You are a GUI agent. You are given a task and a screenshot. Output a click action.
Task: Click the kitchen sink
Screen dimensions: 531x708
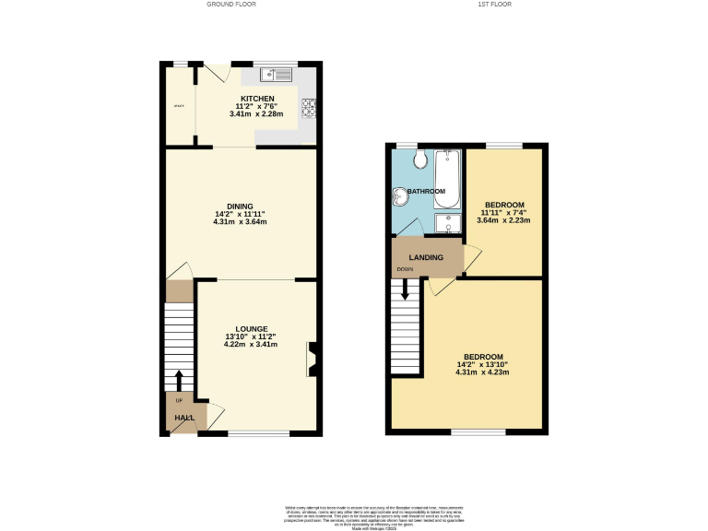tap(276, 74)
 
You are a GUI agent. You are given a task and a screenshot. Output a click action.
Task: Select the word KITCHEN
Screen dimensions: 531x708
tap(258, 98)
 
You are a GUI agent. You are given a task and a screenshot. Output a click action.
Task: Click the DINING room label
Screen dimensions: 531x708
tap(240, 206)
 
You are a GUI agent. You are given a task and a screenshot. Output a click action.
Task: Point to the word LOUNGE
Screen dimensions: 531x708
tap(251, 329)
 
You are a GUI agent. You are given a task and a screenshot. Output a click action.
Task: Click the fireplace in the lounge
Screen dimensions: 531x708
tap(313, 360)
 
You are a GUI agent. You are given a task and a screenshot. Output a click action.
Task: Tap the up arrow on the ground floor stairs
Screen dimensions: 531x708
tap(179, 381)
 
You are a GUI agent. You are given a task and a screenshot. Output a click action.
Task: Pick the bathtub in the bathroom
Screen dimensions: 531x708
tap(447, 177)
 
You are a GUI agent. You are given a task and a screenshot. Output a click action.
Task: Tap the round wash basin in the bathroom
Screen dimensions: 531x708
tap(401, 195)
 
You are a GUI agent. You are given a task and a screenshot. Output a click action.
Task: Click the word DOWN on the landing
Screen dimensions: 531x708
tap(405, 270)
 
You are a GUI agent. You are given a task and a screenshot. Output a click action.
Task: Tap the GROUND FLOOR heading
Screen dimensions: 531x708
tap(231, 5)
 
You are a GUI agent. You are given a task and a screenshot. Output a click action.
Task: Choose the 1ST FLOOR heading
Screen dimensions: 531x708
tap(494, 5)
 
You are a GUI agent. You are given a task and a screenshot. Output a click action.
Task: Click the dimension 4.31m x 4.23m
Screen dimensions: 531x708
tap(483, 372)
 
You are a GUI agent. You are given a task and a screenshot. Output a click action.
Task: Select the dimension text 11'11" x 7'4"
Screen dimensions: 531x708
tap(504, 212)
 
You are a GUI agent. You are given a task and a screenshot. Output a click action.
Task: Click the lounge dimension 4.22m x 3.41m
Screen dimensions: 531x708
tap(251, 345)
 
